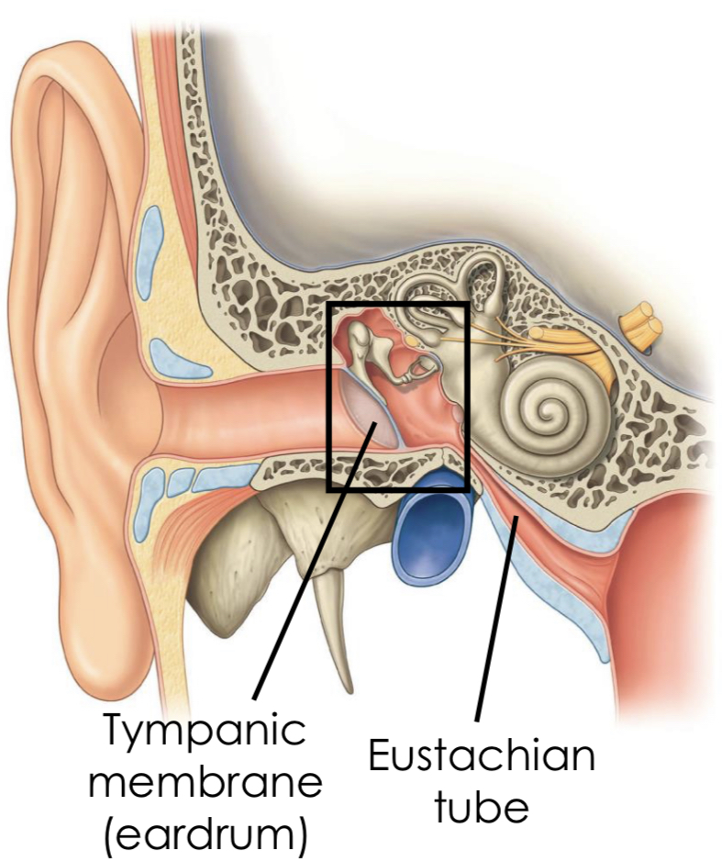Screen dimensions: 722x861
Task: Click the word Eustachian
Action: tap(481, 758)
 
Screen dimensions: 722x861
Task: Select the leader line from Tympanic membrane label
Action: tap(303, 578)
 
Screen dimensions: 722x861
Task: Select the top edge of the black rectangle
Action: tap(399, 304)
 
